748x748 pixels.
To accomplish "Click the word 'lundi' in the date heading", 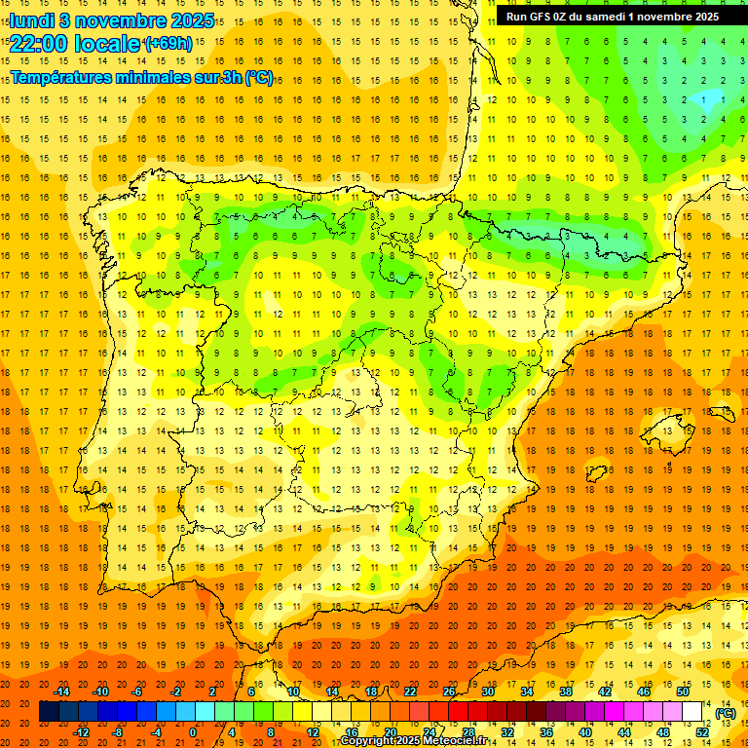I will click(x=31, y=20).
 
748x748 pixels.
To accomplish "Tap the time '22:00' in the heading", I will click(x=39, y=45).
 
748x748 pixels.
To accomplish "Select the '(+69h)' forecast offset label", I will click(x=168, y=45).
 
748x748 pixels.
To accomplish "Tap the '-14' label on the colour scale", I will click(x=62, y=692).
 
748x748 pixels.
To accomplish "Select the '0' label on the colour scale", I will click(x=193, y=732).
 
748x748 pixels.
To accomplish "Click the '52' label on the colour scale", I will click(x=701, y=732).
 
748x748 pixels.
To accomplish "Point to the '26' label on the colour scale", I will click(x=449, y=692).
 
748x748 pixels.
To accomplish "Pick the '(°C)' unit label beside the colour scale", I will click(x=726, y=712).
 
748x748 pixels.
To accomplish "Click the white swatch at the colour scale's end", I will click(x=692, y=712).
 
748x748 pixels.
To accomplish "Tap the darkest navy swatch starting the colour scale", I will click(x=49, y=712).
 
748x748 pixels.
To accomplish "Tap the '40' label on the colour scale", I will click(x=584, y=732).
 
